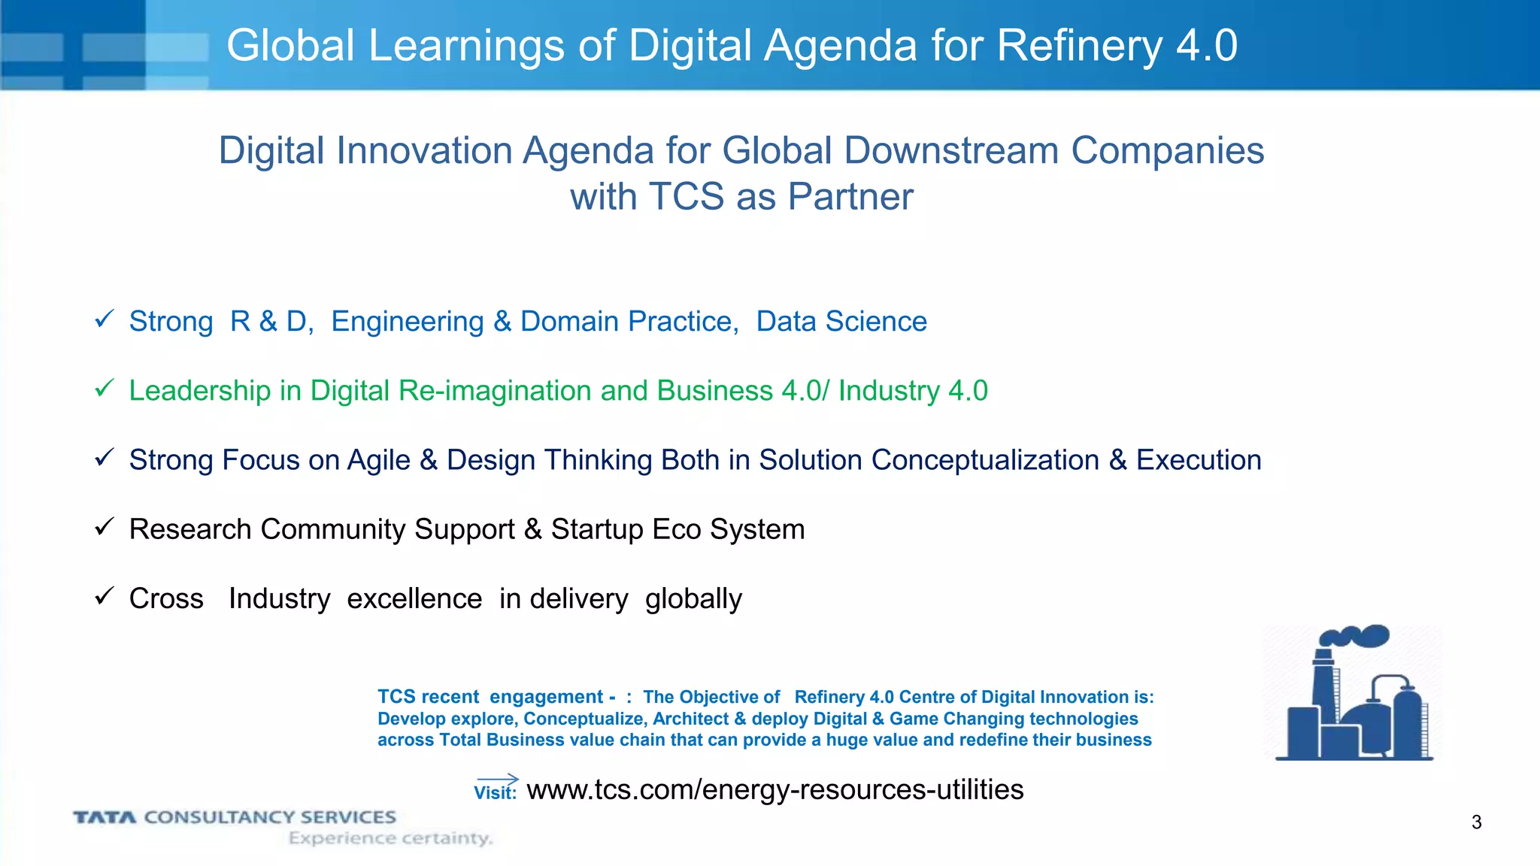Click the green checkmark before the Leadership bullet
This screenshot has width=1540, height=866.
coord(104,389)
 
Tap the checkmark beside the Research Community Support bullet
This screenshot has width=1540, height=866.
coord(104,527)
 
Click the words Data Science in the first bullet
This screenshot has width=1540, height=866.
coord(841,322)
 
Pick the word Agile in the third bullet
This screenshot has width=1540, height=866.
coord(378,460)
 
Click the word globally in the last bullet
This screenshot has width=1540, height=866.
coord(693,599)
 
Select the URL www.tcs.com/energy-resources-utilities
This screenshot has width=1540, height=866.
coord(775,789)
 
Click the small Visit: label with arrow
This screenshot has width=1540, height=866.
coord(496,789)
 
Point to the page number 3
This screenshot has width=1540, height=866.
coord(1476,822)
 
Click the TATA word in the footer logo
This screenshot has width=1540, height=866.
coord(105,817)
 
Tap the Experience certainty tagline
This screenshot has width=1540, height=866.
coord(390,838)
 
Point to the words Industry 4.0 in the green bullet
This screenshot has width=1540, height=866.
coord(912,391)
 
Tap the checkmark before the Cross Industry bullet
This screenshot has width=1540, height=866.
coord(104,597)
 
